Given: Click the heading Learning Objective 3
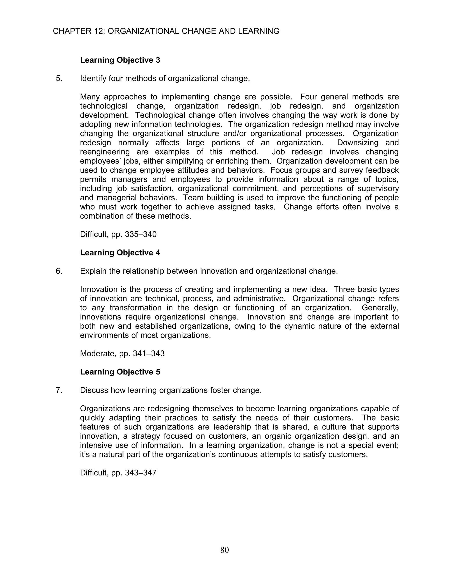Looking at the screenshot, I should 120,60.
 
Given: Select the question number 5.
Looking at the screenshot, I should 59,79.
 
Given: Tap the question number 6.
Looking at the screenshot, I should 59,271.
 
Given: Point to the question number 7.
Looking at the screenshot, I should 59,390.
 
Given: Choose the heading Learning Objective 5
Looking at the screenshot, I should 120,372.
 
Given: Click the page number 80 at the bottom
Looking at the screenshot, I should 224,550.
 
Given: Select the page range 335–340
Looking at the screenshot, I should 141,234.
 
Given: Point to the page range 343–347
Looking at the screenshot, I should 141,473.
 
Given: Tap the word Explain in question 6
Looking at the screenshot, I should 93,271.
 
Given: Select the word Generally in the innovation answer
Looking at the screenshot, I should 380,308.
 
